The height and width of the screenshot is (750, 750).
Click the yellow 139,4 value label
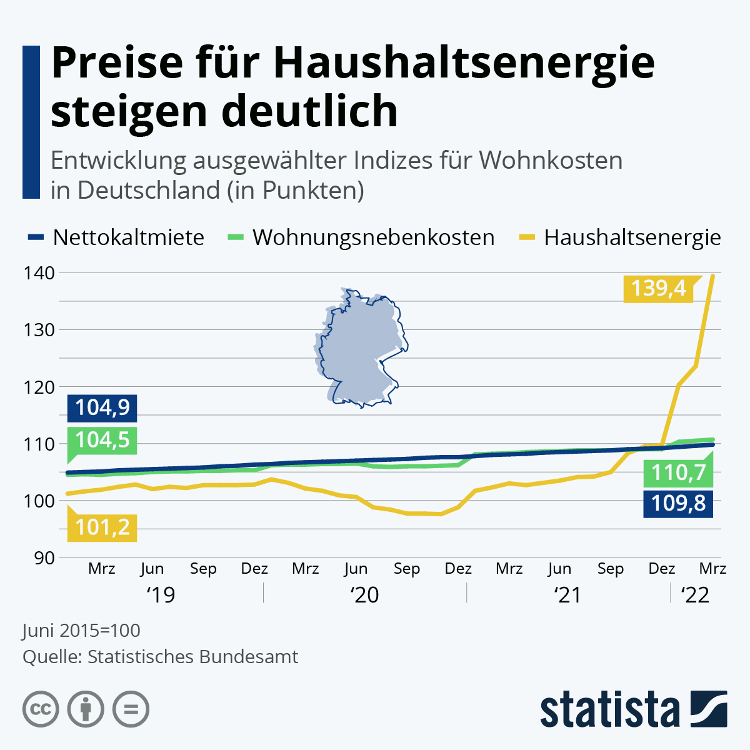point(658,288)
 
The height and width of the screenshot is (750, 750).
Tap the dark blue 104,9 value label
point(102,407)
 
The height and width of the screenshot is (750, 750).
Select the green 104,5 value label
point(102,440)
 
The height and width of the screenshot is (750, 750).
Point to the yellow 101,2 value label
point(102,527)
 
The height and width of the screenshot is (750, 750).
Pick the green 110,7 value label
point(678,472)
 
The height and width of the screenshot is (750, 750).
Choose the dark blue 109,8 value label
point(678,502)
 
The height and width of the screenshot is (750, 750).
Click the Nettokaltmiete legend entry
point(116,237)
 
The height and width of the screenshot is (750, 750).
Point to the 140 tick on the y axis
point(39,273)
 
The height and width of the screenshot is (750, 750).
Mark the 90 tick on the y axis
point(44,557)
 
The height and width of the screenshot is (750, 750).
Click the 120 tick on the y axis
point(39,387)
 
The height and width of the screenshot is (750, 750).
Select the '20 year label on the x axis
point(365,595)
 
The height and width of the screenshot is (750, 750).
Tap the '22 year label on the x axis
point(695,595)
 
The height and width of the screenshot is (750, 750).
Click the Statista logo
point(633,709)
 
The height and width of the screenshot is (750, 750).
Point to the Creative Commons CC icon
point(41,709)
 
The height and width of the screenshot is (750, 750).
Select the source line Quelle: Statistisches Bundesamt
point(160,657)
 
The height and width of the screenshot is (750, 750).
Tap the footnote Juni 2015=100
point(81,630)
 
